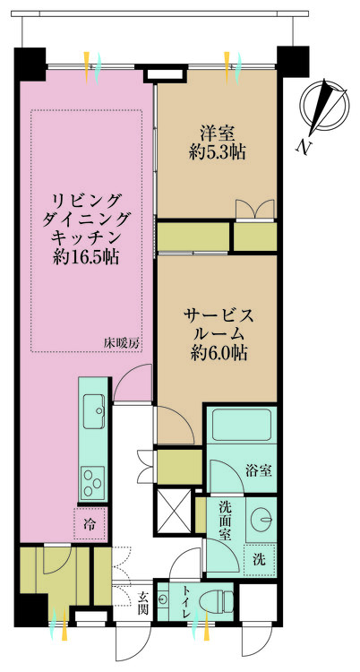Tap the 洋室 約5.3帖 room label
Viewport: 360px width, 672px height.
(x=218, y=142)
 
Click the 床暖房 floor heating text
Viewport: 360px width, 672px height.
(x=120, y=343)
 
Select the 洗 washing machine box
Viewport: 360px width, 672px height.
(x=258, y=558)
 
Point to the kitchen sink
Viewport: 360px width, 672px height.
(x=93, y=413)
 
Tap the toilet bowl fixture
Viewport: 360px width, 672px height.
(x=212, y=599)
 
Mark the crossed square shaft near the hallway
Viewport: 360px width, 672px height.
(x=173, y=507)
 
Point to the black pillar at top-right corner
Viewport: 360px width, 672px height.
(x=292, y=60)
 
